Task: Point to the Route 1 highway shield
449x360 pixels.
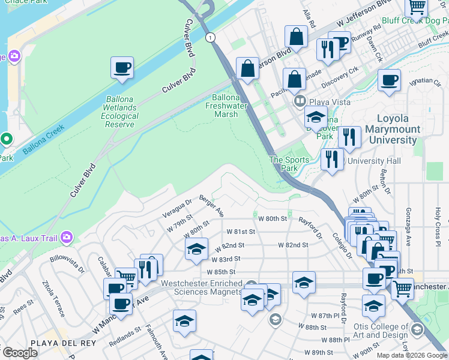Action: click(209, 37)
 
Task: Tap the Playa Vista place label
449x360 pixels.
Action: click(330, 102)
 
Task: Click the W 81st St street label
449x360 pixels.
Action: click(242, 232)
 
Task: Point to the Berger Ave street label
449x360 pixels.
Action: click(211, 206)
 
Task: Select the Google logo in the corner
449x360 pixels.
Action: click(20, 353)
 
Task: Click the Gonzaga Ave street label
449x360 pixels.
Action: click(408, 215)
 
